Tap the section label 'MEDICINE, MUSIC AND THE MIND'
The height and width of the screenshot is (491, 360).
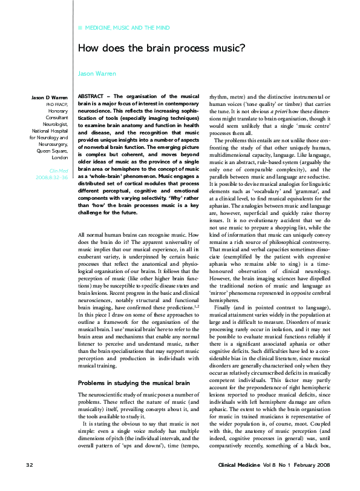click(127, 28)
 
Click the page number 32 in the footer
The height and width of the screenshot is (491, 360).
click(29, 481)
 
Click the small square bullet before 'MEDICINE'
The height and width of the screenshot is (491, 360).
click(81, 28)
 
